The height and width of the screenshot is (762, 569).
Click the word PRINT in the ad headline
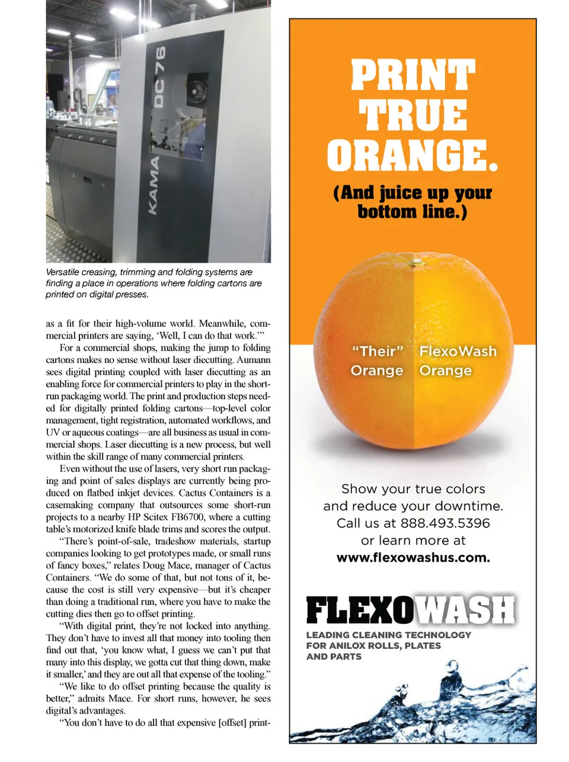click(x=413, y=75)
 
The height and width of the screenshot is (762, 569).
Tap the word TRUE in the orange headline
click(x=413, y=115)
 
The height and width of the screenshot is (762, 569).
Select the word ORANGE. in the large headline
click(x=413, y=156)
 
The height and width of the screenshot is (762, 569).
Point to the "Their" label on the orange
click(x=377, y=351)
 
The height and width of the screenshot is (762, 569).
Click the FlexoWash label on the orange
click(x=458, y=351)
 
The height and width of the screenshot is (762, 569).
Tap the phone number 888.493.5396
click(x=445, y=523)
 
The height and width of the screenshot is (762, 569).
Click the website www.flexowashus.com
click(x=413, y=558)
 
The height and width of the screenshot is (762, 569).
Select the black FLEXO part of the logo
click(x=359, y=610)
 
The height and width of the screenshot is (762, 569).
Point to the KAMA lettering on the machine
click(x=154, y=185)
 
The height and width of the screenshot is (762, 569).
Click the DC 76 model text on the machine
click(x=159, y=77)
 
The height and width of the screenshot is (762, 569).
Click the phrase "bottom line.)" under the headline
click(x=412, y=211)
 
